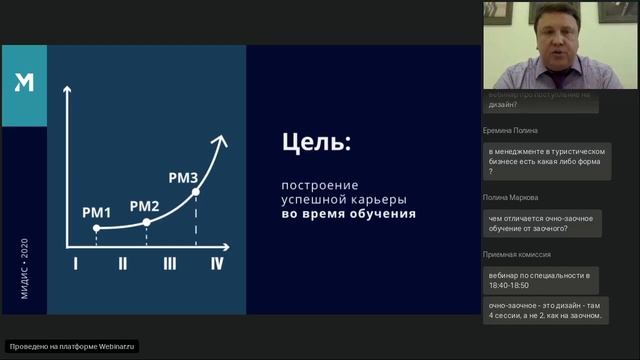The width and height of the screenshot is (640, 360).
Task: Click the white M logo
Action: (x=24, y=83)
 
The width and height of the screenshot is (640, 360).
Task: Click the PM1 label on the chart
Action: (x=97, y=212)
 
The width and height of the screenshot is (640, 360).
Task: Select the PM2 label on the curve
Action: (x=145, y=206)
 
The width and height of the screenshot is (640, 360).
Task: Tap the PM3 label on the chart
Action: (x=183, y=178)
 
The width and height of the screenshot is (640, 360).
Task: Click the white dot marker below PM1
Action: (x=97, y=228)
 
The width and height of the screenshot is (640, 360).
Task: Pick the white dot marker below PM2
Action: (x=147, y=222)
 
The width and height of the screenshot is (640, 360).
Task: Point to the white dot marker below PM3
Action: (x=196, y=192)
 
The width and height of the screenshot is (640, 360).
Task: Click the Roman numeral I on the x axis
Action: (x=75, y=264)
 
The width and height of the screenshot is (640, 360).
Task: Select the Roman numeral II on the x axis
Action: (x=122, y=264)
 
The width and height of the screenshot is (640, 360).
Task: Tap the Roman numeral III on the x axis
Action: (x=170, y=264)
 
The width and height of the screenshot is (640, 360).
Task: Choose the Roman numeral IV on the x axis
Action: (x=216, y=264)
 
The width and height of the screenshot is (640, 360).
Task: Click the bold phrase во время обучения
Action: (x=347, y=214)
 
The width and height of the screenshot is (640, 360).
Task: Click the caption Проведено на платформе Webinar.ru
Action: (x=72, y=346)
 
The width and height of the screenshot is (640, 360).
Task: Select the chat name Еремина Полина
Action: (x=510, y=130)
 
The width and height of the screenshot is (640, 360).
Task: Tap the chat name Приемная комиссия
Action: (x=517, y=254)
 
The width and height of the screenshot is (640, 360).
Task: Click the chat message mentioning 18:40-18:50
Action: (x=540, y=279)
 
